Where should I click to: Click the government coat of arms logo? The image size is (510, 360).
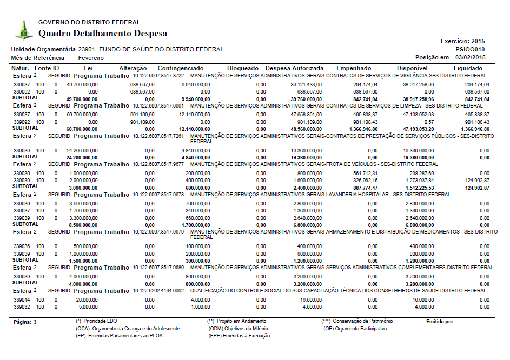[23, 30]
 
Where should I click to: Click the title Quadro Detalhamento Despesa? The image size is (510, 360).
[103, 34]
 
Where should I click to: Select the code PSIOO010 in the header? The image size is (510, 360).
[471, 49]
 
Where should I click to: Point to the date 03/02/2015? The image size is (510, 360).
[471, 57]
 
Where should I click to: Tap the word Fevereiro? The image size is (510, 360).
[91, 58]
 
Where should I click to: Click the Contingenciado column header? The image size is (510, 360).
[181, 69]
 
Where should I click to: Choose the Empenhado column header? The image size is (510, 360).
[354, 69]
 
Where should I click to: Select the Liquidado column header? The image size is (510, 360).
[468, 69]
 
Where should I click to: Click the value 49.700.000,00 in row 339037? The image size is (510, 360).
[82, 85]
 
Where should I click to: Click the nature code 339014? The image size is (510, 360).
[21, 299]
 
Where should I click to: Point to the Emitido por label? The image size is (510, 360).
[440, 322]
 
